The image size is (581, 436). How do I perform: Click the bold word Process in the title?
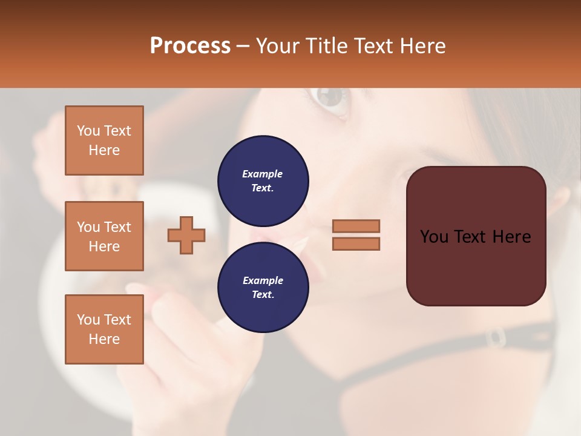pyautogui.click(x=190, y=46)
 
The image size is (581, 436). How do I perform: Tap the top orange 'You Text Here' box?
pyautogui.click(x=104, y=140)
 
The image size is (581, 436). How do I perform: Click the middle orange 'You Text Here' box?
pyautogui.click(x=104, y=236)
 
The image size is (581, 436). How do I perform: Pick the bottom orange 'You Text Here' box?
pyautogui.click(x=104, y=329)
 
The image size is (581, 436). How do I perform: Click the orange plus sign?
pyautogui.click(x=186, y=235)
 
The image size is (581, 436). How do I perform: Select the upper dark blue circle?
pyautogui.click(x=263, y=181)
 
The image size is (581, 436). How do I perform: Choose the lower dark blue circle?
pyautogui.click(x=263, y=288)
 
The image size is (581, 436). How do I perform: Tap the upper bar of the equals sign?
pyautogui.click(x=356, y=226)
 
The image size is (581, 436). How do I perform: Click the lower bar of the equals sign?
pyautogui.click(x=356, y=243)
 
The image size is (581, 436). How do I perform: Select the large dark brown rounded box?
pyautogui.click(x=476, y=236)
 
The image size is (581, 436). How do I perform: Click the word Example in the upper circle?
pyautogui.click(x=263, y=174)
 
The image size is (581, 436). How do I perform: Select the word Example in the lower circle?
pyautogui.click(x=263, y=280)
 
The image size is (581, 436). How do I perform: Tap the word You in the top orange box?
pyautogui.click(x=88, y=131)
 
